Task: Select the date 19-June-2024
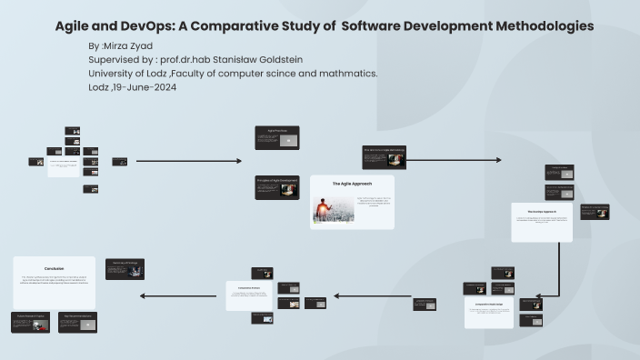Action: (145, 87)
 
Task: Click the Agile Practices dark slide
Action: (276, 137)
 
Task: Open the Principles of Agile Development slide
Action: (276, 186)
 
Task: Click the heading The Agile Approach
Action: (351, 184)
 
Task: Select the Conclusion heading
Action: (54, 268)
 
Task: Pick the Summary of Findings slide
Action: (125, 268)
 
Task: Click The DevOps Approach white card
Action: (542, 222)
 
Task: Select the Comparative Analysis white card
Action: (249, 295)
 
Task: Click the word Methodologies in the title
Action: (544, 26)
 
